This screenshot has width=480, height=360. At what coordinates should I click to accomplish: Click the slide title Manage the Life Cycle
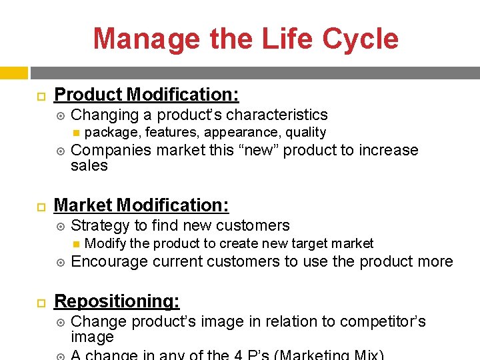[245, 39]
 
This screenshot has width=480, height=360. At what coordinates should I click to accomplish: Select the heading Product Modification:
[146, 95]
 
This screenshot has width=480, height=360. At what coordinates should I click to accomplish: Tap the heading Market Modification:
[141, 205]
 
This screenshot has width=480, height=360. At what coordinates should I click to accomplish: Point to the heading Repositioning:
[117, 301]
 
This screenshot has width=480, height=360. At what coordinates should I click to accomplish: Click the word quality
[304, 133]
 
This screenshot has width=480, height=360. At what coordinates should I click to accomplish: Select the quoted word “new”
[262, 150]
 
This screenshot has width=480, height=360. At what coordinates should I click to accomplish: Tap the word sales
[89, 165]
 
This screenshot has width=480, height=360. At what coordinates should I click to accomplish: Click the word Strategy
[100, 226]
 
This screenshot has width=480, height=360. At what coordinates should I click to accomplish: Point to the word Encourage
[109, 261]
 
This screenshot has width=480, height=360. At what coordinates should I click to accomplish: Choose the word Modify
[105, 244]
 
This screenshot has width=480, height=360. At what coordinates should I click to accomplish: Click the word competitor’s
[384, 321]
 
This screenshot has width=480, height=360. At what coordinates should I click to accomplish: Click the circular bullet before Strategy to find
[61, 227]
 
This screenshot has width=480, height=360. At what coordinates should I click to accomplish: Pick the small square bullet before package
[77, 133]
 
